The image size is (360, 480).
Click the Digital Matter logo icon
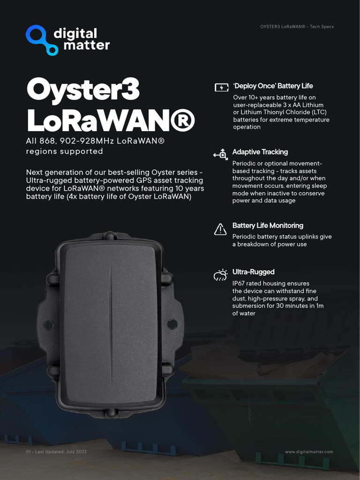[41, 40]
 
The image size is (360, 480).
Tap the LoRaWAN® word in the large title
[110, 120]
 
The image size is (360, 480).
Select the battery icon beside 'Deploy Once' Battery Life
[221, 87]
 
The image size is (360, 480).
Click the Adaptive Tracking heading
[260, 152]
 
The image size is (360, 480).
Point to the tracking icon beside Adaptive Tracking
[220, 154]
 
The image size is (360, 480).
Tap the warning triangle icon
[220, 229]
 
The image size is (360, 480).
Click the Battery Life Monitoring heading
[268, 225]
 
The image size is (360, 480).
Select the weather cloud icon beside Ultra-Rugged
[220, 275]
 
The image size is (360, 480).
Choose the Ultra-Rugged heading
[253, 272]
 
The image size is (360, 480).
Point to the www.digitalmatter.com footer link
[309, 452]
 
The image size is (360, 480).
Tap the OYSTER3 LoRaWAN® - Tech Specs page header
[297, 27]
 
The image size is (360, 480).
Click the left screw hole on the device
[48, 324]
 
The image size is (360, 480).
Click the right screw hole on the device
[172, 323]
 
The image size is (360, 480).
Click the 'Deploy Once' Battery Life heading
[273, 86]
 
